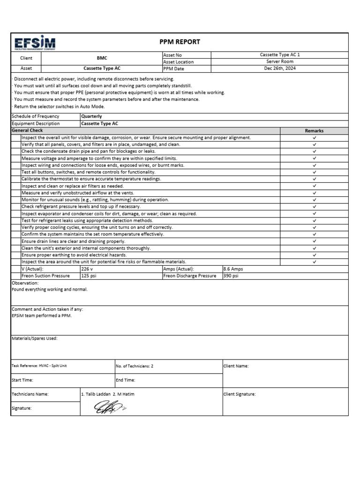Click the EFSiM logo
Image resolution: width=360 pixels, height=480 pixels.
pyautogui.click(x=35, y=42)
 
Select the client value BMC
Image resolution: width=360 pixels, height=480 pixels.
pyautogui.click(x=102, y=58)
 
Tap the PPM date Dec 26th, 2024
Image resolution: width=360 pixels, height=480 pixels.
pyautogui.click(x=280, y=68)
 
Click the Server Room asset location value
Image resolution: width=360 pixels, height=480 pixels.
pyautogui.click(x=280, y=61)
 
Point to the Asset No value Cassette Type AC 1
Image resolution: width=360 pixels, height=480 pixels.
pyautogui.click(x=280, y=55)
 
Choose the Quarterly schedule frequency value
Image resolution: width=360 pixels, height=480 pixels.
pyautogui.click(x=91, y=116)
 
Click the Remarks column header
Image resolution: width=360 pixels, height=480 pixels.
pyautogui.click(x=314, y=131)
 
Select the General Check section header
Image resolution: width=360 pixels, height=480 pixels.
pyautogui.click(x=27, y=130)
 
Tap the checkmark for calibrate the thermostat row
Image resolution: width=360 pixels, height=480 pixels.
pyautogui.click(x=314, y=179)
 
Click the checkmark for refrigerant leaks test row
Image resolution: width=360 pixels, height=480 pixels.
pyautogui.click(x=314, y=220)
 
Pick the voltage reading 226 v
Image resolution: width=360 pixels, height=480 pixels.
pyautogui.click(x=88, y=269)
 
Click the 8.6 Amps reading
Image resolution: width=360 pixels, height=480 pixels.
pyautogui.click(x=233, y=269)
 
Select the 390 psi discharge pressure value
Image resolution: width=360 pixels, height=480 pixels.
pyautogui.click(x=231, y=276)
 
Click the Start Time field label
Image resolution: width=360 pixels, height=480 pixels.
pyautogui.click(x=22, y=380)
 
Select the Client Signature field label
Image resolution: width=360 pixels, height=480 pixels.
pyautogui.click(x=240, y=394)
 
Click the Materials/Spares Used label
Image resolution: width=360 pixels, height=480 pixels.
pyautogui.click(x=34, y=338)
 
